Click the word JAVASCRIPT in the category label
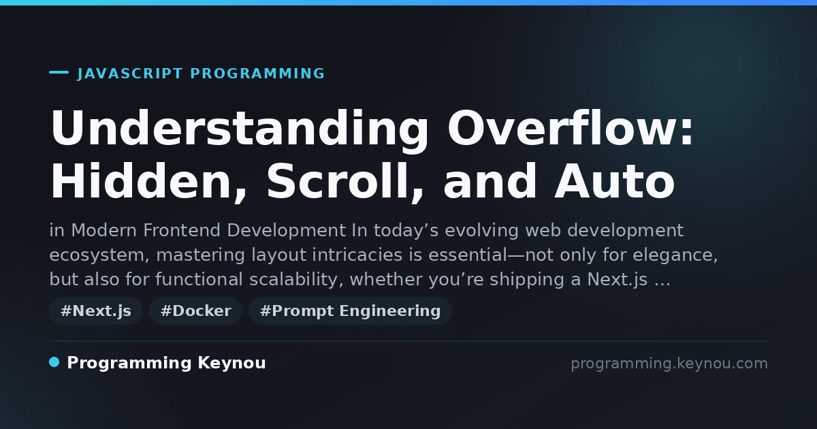click(x=130, y=74)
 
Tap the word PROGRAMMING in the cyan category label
click(x=257, y=74)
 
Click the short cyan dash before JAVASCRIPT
click(x=59, y=72)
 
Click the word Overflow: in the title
click(x=571, y=128)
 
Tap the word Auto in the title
click(x=615, y=182)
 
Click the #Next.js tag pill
click(x=96, y=311)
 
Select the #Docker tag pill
click(x=196, y=311)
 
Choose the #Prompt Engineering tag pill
click(x=350, y=311)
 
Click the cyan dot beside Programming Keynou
click(x=54, y=362)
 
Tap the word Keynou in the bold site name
click(x=231, y=363)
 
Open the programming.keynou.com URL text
click(x=669, y=364)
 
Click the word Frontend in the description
click(x=182, y=231)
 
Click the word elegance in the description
click(x=675, y=255)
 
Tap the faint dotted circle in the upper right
click(x=703, y=67)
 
